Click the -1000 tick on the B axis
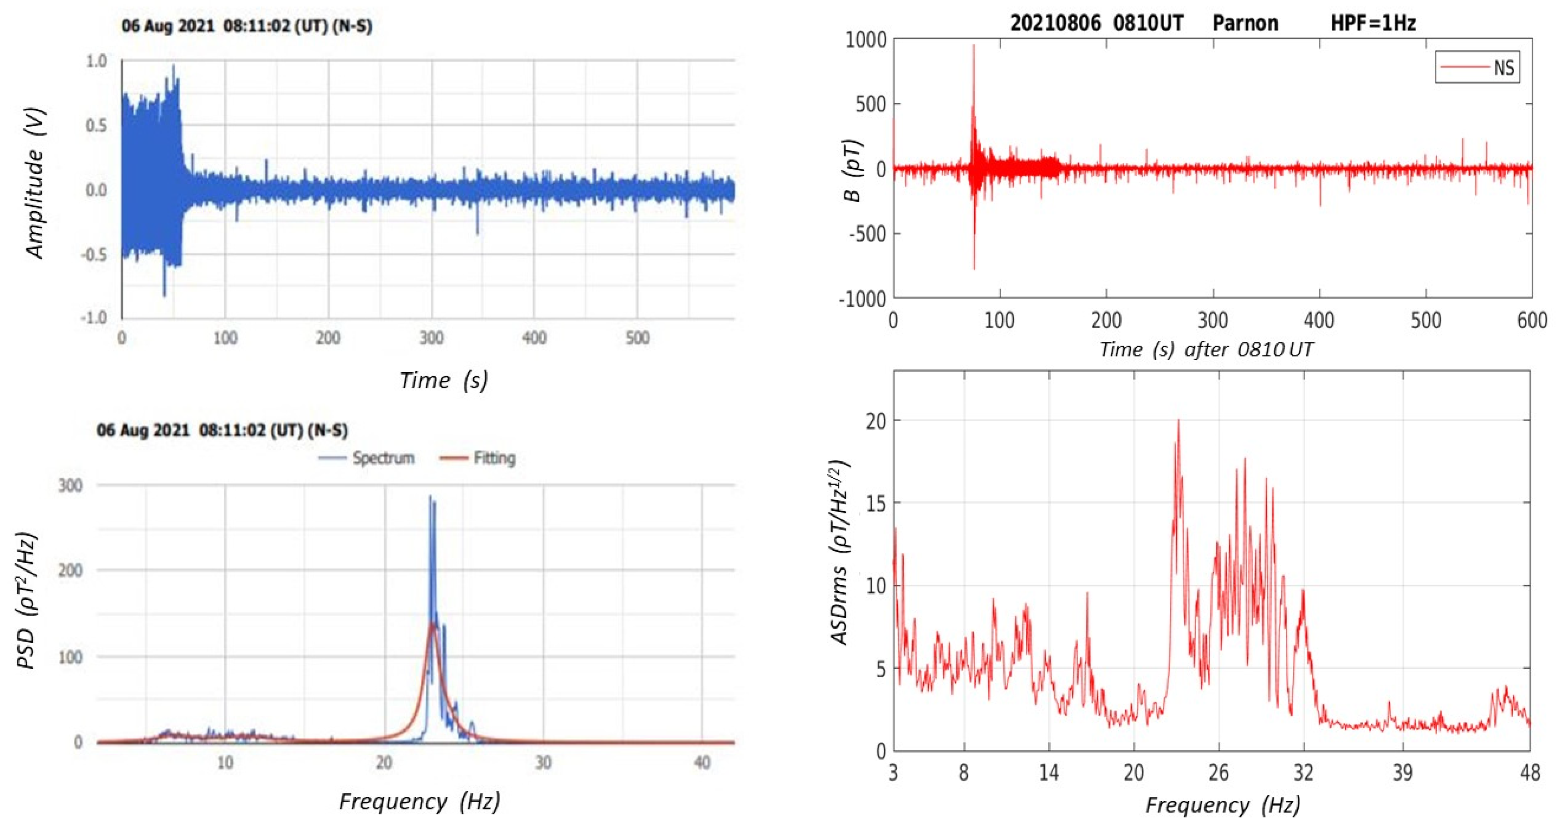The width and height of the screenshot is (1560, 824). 862,299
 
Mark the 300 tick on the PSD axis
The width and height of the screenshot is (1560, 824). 70,485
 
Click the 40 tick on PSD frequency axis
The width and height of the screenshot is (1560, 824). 701,762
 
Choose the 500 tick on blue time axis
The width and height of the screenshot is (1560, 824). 637,337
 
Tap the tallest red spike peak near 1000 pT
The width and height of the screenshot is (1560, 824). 974,45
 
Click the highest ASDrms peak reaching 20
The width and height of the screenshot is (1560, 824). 1178,420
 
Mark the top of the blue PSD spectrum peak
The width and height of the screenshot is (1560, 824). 431,497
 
